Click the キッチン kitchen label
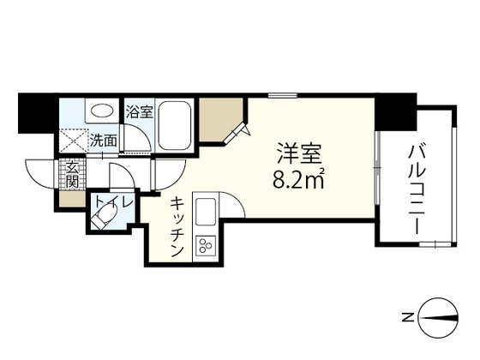pyautogui.click(x=177, y=227)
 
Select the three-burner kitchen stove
pyautogui.click(x=207, y=246)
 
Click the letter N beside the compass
pyautogui.click(x=409, y=317)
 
